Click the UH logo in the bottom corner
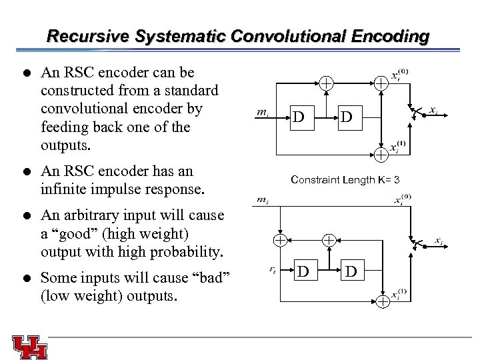(29, 347)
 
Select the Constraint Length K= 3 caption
(346, 180)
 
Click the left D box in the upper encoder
(300, 117)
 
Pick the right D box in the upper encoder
(347, 117)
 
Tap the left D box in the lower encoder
(303, 271)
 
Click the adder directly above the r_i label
(281, 239)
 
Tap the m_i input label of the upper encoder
(263, 113)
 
